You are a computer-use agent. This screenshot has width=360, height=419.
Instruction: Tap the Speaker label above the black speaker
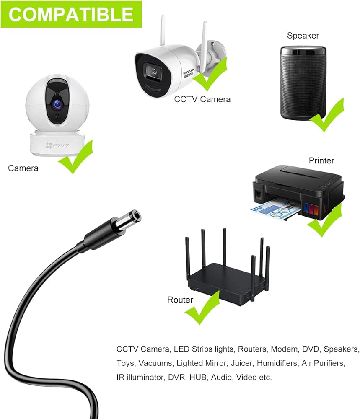(303, 36)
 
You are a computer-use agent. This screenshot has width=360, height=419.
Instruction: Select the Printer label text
(321, 160)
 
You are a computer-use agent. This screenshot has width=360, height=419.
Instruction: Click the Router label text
(180, 300)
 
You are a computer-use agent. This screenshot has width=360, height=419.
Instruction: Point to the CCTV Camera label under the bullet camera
(202, 99)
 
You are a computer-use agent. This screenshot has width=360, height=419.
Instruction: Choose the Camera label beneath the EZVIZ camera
(23, 168)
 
